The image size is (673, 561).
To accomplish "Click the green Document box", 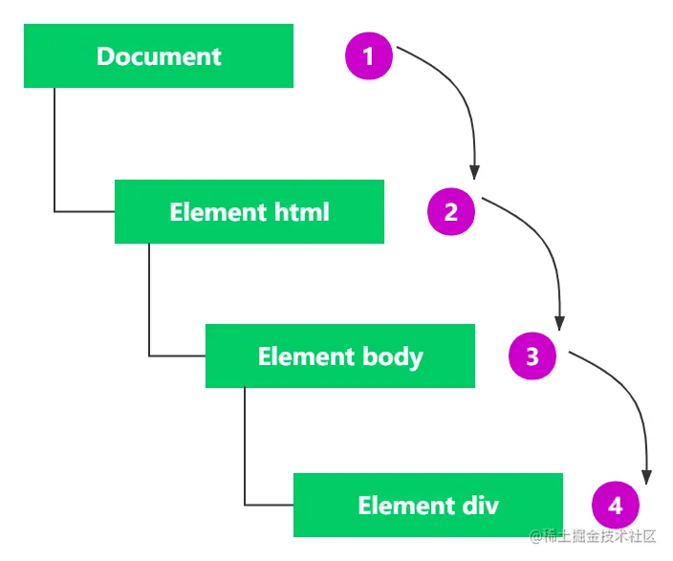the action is pos(159,55).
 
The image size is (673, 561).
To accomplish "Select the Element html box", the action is pos(250,211).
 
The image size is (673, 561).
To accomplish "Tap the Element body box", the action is pos(340,356).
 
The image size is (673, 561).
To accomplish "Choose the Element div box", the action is pos(428,505).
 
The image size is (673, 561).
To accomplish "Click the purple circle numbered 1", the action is pos(369,55).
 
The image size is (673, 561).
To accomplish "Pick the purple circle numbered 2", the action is pos(451,211).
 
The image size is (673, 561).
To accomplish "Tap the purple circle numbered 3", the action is pos(532,356).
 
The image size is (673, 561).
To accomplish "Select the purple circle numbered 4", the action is pos(616,506).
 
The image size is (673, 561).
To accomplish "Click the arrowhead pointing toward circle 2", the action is pos(474,173).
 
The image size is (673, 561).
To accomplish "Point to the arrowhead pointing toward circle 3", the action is pos(559,323).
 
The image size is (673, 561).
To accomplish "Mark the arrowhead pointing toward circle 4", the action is pos(647,478).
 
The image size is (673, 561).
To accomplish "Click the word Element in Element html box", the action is pos(218,212).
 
